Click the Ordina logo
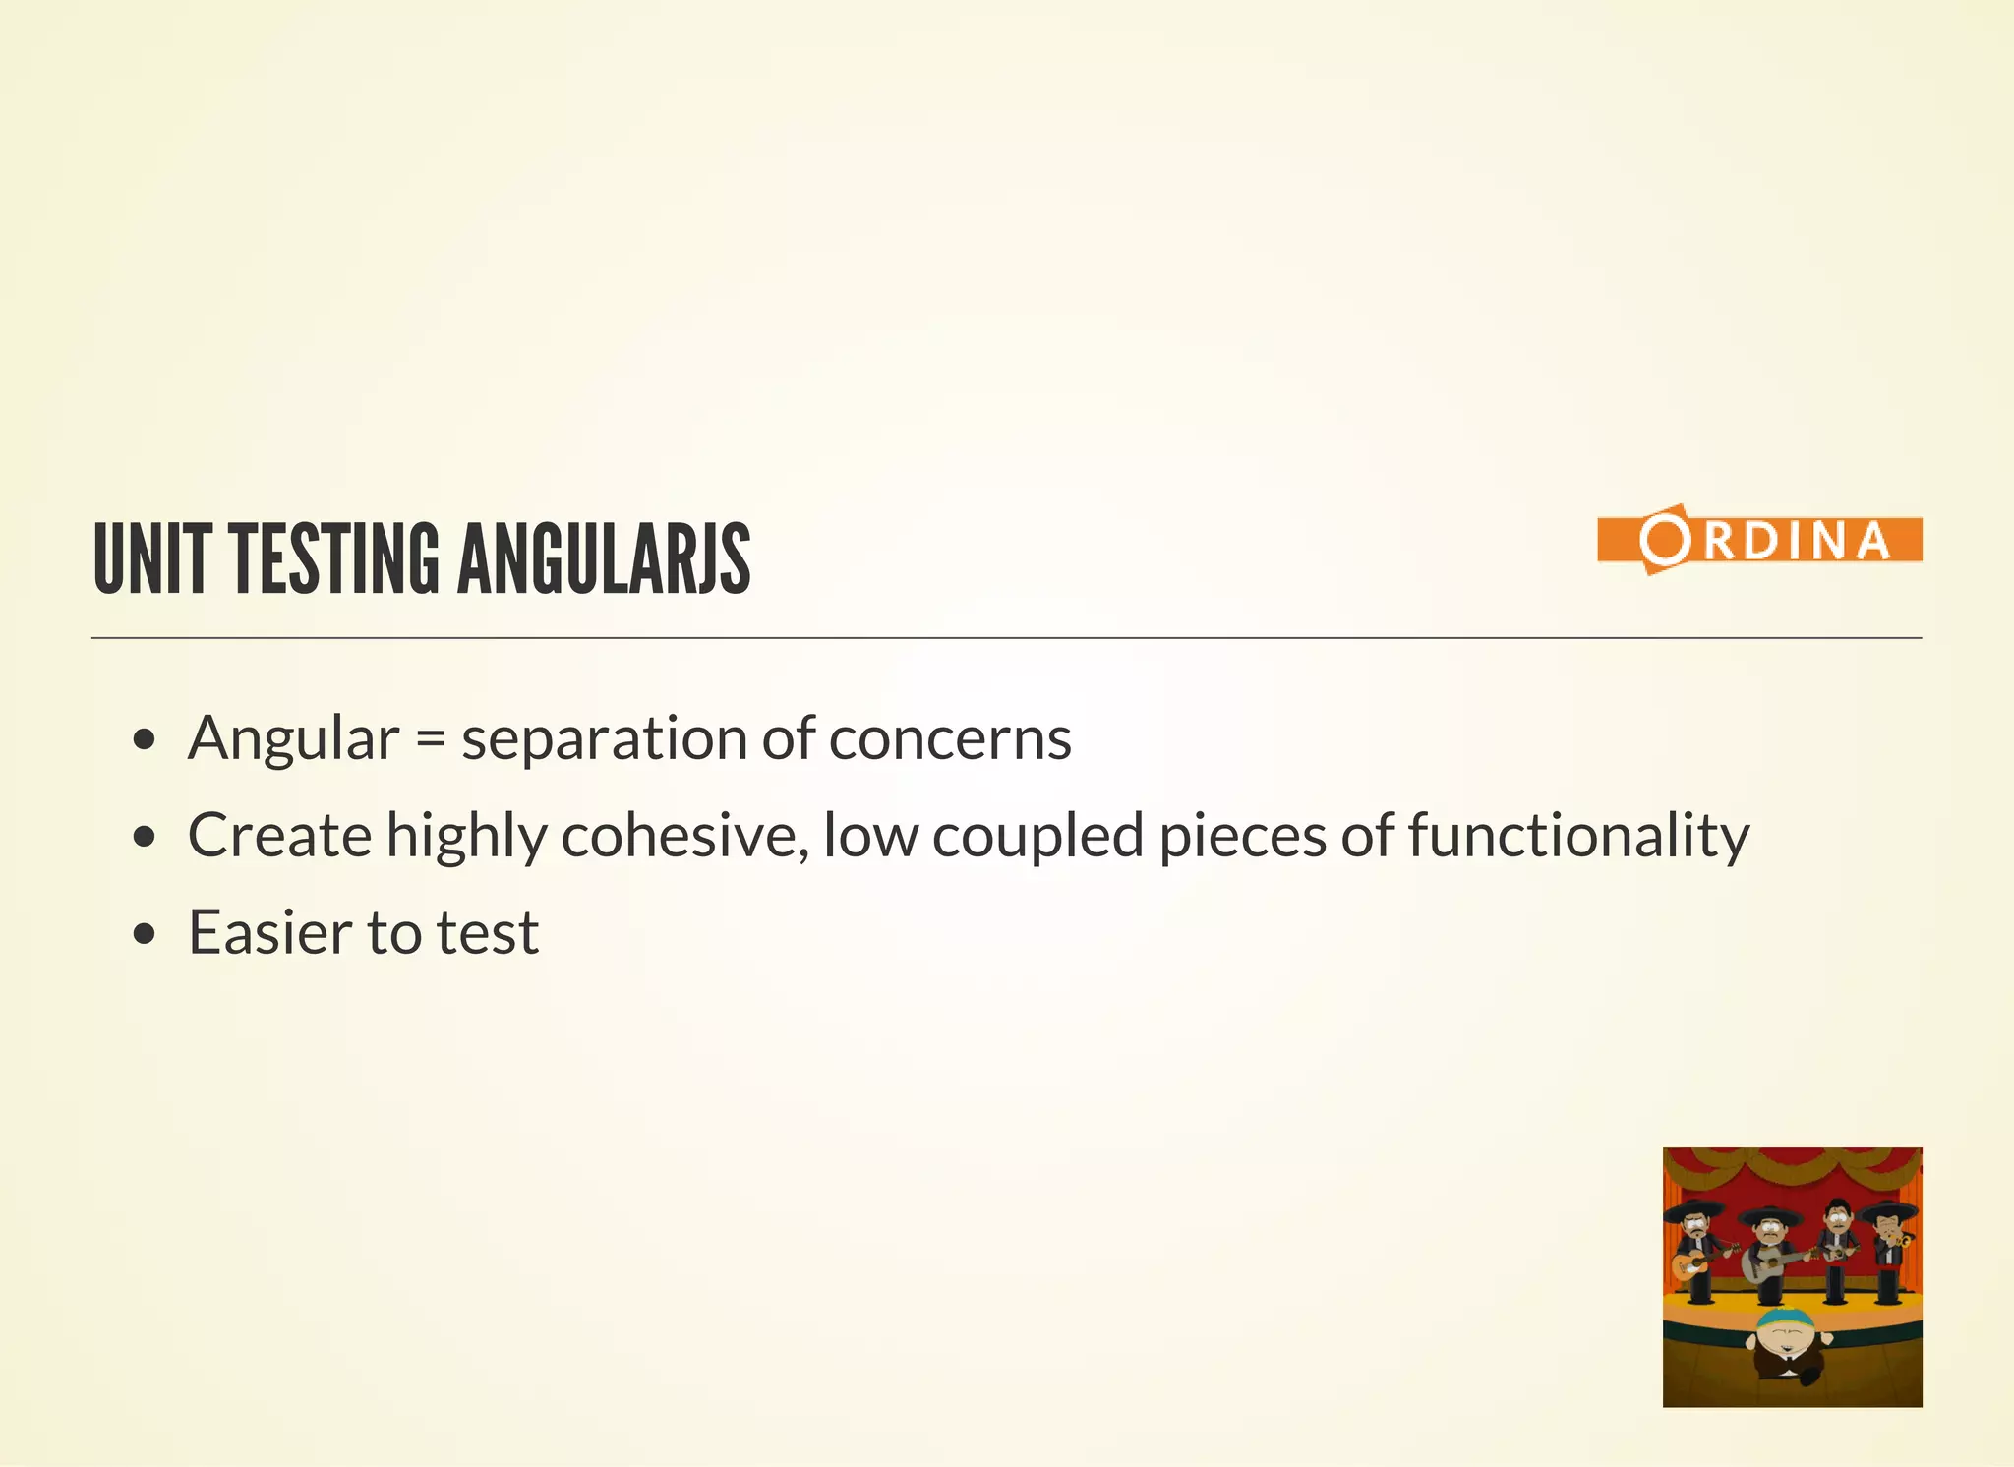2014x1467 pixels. pyautogui.click(x=1759, y=540)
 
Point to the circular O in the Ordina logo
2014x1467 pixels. pyautogui.click(x=1663, y=539)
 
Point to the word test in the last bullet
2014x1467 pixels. pyautogui.click(x=488, y=933)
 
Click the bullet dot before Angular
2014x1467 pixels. pyautogui.click(x=145, y=739)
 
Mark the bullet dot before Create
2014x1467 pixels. pyautogui.click(x=145, y=837)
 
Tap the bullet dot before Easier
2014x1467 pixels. pyautogui.click(x=145, y=933)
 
